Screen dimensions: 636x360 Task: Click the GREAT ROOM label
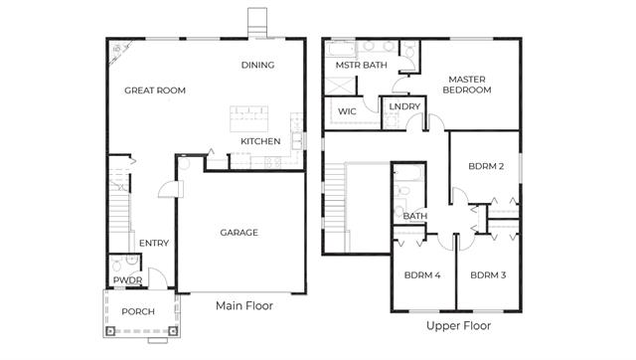[x=155, y=90]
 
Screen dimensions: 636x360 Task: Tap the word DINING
[x=258, y=65]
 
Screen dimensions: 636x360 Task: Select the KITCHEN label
[x=260, y=141]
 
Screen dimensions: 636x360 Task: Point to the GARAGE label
[x=238, y=233]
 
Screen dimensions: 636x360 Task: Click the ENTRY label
[x=154, y=243]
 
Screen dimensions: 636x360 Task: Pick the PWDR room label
[x=127, y=280]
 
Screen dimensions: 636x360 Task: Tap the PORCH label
[x=138, y=311]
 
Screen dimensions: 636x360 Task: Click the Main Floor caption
[x=244, y=305]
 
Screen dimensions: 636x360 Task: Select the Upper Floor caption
[x=458, y=325]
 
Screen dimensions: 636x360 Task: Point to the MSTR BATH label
[x=362, y=65]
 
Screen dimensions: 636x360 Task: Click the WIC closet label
[x=347, y=111]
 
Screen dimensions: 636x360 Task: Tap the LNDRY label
[x=404, y=106]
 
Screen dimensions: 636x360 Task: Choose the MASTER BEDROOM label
[x=467, y=85]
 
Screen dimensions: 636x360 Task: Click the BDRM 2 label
[x=486, y=166]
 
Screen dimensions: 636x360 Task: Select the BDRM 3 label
[x=488, y=275]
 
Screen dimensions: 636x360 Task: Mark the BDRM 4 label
[x=422, y=275]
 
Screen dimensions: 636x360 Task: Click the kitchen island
[x=249, y=118]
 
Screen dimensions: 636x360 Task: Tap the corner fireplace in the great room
[x=118, y=51]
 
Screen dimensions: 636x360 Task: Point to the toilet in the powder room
[x=116, y=266]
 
